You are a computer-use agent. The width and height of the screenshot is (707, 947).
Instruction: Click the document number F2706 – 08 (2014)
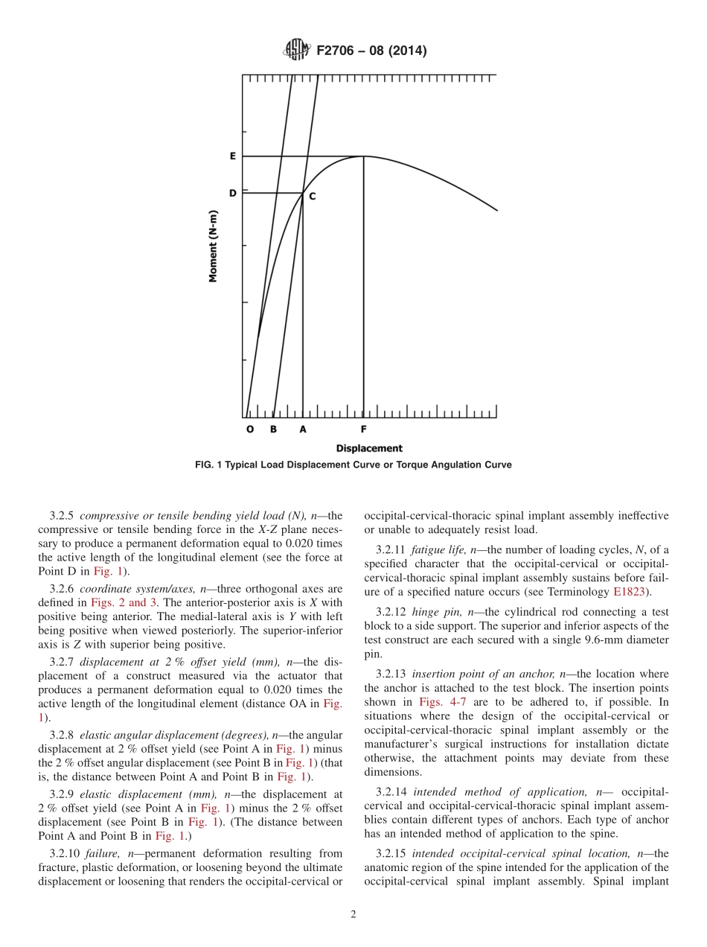point(371,51)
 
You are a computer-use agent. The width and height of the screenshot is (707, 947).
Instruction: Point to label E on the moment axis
point(233,156)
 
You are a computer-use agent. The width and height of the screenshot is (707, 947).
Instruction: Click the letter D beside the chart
point(233,193)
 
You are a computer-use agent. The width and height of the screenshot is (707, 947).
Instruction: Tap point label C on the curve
point(312,197)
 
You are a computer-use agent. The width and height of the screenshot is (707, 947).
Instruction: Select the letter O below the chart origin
point(249,430)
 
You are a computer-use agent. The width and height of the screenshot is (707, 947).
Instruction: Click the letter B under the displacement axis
point(273,430)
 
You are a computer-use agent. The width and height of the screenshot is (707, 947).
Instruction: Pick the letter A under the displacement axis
point(302,430)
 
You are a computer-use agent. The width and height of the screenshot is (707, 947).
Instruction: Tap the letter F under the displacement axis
point(363,430)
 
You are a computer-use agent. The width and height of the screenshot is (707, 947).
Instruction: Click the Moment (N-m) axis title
point(214,245)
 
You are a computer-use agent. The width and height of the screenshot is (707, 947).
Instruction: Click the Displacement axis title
point(369,448)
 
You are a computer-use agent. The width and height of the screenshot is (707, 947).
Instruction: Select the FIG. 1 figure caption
point(353,465)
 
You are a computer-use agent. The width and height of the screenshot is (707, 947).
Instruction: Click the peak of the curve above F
point(363,156)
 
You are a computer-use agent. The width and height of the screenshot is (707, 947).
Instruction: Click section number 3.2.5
point(63,515)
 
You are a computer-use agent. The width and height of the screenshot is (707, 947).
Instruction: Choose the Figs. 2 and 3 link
point(124,602)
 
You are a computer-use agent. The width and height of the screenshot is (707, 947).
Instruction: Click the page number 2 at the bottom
point(353,915)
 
